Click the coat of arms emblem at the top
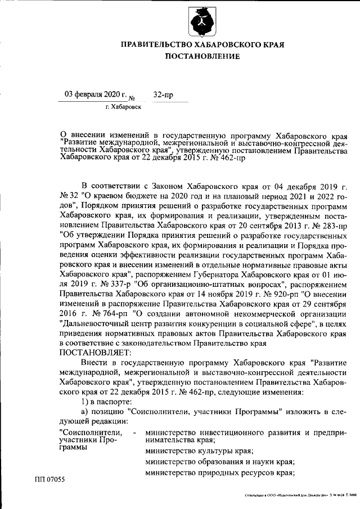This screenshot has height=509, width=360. click(202, 21)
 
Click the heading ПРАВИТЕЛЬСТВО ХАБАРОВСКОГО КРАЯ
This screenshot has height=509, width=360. click(202, 44)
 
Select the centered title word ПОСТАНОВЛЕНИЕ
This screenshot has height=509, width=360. click(202, 56)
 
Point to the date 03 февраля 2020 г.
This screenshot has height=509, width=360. click(96, 94)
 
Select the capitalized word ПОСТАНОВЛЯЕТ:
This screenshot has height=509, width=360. click(95, 353)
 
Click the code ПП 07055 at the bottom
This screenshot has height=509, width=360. click(49, 479)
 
